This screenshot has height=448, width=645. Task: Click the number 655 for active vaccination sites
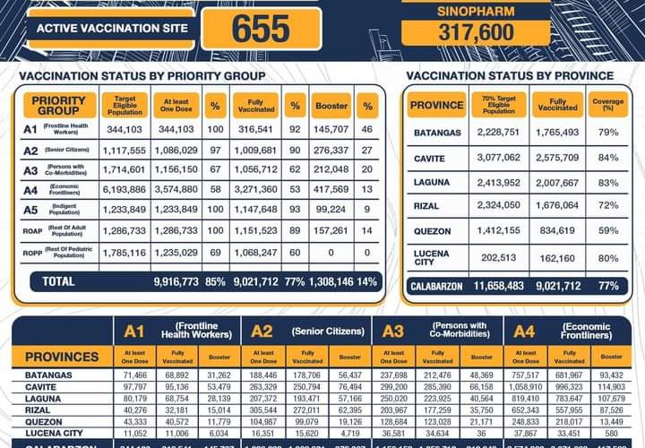(261, 29)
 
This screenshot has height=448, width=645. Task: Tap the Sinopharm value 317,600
(476, 33)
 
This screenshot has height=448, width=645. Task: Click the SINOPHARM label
(476, 11)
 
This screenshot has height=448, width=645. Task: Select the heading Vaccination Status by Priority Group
(142, 76)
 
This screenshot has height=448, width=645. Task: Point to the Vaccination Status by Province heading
(510, 76)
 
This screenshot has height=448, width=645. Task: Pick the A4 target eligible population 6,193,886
(125, 190)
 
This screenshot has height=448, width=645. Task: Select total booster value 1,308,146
(331, 281)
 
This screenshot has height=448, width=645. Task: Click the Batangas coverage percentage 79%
(610, 134)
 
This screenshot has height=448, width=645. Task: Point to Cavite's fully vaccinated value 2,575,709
(557, 158)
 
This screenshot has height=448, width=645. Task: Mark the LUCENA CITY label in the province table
(432, 258)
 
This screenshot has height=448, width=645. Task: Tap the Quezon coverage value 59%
(610, 230)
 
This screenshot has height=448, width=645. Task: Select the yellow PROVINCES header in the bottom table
(62, 357)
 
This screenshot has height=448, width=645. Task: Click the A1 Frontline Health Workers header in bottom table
(175, 332)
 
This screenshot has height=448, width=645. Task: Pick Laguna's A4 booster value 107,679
(613, 398)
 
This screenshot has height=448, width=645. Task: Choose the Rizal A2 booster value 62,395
(351, 409)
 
